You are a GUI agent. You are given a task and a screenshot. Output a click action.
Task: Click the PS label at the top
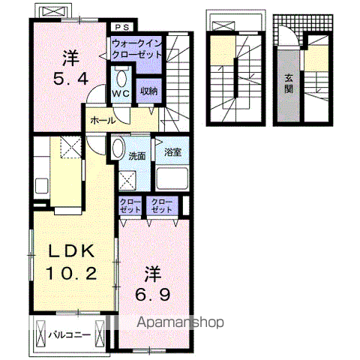tap(122, 27)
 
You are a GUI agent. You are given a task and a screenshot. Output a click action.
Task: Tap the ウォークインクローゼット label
tap(137, 49)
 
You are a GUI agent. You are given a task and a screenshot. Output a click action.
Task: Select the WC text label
tap(121, 93)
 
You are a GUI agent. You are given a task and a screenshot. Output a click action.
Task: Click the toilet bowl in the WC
tap(121, 78)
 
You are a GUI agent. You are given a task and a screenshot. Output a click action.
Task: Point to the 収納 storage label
tap(148, 91)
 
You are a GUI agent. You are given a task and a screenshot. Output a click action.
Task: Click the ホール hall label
tap(103, 121)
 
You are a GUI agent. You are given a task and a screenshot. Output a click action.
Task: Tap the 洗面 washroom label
tap(137, 156)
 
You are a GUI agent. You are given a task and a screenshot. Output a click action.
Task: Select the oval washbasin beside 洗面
tap(118, 148)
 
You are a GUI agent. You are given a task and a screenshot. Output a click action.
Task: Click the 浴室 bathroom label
tap(172, 152)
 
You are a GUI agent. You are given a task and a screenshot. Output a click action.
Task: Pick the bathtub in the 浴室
tap(172, 178)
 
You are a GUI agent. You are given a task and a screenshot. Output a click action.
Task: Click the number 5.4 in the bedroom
tap(70, 79)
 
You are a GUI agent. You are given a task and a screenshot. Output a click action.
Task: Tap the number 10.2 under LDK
tap(71, 273)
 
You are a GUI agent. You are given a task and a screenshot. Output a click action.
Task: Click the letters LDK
tap(71, 250)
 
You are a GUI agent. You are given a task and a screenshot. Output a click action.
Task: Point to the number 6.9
tap(153, 294)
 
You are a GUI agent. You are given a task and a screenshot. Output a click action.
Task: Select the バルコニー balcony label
tap(70, 334)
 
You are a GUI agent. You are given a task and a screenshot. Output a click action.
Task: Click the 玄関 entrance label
tap(289, 84)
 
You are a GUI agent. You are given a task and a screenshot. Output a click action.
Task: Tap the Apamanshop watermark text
tap(180, 322)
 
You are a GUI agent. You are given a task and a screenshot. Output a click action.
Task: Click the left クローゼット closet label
tap(130, 205)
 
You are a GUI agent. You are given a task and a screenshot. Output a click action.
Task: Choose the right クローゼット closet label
tap(162, 205)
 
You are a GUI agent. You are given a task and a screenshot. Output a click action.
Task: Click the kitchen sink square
tap(41, 185)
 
